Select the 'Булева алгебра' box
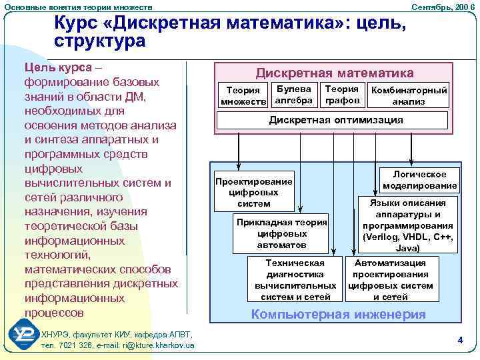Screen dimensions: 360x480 pyautogui.click(x=293, y=94)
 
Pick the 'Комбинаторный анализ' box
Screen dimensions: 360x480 pyautogui.click(x=409, y=96)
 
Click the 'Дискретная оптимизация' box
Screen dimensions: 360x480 pyautogui.click(x=335, y=120)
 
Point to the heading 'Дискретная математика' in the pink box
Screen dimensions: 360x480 pyautogui.click(x=335, y=73)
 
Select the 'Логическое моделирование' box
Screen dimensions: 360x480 pyautogui.click(x=420, y=179)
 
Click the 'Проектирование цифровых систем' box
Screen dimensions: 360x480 pyautogui.click(x=253, y=192)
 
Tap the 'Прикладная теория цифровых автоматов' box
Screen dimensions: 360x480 pyautogui.click(x=281, y=233)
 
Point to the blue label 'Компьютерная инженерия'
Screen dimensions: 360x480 pyautogui.click(x=337, y=315)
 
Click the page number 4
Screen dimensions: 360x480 pyautogui.click(x=460, y=340)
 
